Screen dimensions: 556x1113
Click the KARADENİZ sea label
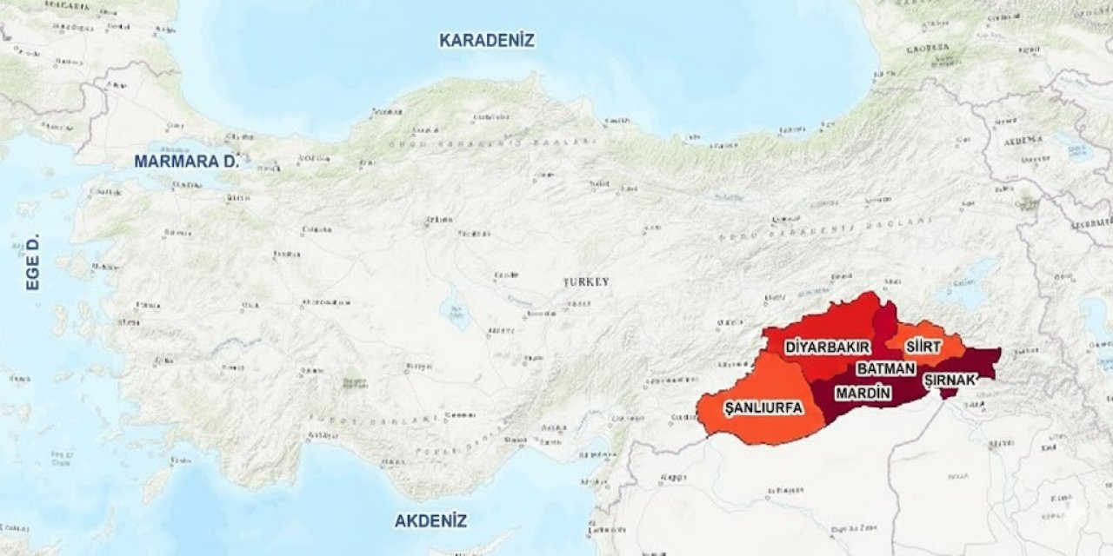487,40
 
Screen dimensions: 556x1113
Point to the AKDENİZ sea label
430,521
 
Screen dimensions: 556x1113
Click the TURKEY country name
586,282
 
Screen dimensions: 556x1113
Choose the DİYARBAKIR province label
827,347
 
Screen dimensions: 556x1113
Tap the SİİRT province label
923,347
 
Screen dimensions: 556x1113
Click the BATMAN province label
886,369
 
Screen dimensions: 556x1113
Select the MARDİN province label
863,394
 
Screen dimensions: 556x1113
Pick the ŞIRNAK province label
950,380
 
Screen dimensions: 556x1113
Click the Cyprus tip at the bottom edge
470,550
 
